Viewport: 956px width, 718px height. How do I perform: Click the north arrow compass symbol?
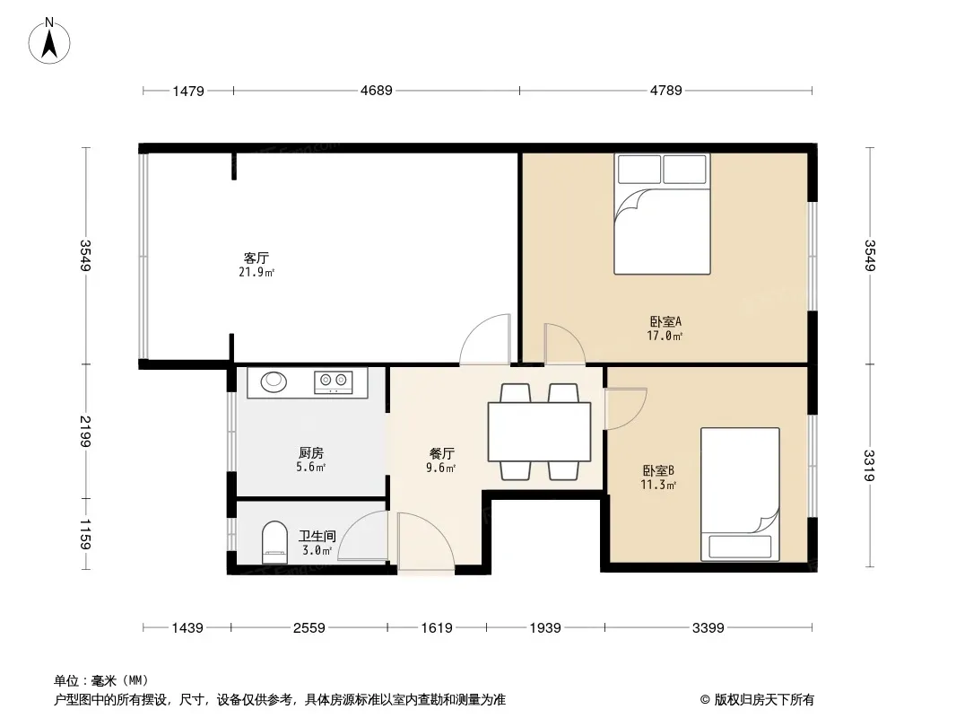point(50,40)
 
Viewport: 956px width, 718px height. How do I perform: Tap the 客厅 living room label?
point(256,258)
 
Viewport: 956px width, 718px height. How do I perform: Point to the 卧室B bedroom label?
point(658,470)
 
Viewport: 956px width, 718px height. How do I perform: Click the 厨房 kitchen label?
point(311,453)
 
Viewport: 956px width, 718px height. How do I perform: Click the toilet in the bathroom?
point(274,543)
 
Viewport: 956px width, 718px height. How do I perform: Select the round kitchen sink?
point(274,382)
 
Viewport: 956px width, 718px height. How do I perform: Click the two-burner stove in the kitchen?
point(334,382)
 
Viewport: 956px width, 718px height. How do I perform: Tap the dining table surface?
point(538,432)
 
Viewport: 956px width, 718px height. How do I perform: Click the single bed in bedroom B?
point(739,494)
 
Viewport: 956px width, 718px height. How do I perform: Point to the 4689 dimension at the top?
point(376,90)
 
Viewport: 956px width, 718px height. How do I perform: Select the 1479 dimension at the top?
point(189,90)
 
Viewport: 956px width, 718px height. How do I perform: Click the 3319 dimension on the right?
point(869,467)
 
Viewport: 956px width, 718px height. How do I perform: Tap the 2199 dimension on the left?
point(86,432)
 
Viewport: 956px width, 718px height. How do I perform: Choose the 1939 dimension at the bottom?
point(544,627)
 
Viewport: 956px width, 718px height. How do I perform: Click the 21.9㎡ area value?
point(256,272)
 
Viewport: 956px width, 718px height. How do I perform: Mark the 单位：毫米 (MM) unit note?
point(100,680)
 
